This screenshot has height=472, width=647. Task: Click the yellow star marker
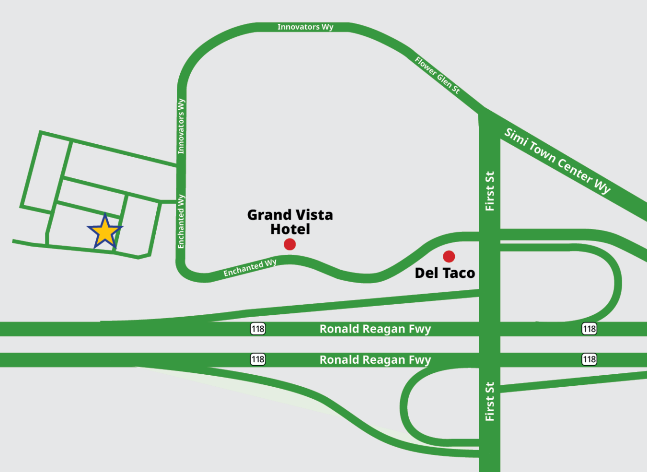point(104,232)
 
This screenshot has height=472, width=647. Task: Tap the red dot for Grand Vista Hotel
point(289,244)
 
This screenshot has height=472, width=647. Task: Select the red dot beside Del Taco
point(449,256)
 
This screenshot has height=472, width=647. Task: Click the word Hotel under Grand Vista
point(290,230)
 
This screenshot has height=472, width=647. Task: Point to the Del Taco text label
point(444,273)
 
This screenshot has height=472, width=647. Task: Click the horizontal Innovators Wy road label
point(305,27)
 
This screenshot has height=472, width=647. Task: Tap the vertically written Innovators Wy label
point(181,126)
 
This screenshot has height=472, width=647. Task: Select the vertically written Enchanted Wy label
point(181,221)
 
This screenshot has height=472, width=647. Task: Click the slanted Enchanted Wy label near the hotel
point(250,268)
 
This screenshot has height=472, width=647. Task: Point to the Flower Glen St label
point(437,75)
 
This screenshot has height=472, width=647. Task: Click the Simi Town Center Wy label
point(557,161)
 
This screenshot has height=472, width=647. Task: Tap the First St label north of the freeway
point(489,191)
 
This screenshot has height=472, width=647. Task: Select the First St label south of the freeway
point(489,401)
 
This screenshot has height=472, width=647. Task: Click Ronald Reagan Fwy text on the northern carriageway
point(375,329)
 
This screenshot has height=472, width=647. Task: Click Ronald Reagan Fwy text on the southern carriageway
point(375,360)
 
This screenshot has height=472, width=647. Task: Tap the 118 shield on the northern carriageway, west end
point(258,329)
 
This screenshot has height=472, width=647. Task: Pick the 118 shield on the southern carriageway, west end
point(258,359)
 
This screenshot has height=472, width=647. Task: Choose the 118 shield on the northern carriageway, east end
point(589,329)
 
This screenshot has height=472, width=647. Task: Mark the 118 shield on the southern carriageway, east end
point(589,359)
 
